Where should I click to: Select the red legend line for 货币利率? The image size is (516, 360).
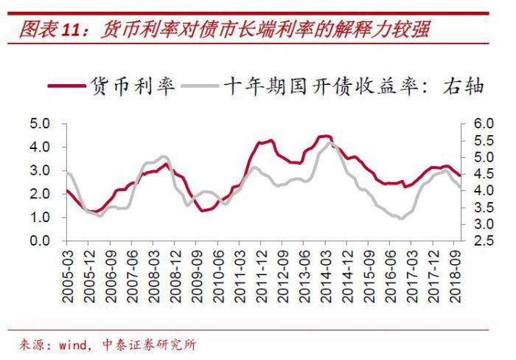66,86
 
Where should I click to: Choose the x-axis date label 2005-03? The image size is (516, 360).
68,274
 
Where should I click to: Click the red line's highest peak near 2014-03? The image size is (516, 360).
324,136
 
